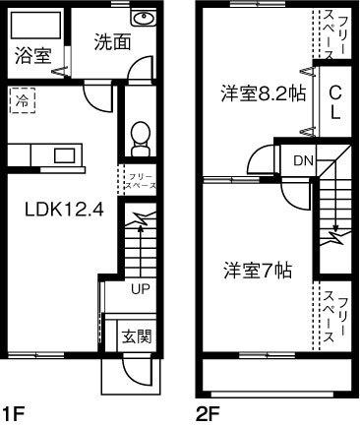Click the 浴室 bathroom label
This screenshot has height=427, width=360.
(32, 56)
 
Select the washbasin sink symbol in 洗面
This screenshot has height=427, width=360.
(143, 20)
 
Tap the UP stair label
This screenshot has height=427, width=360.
(139, 288)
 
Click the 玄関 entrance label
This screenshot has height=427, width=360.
(136, 335)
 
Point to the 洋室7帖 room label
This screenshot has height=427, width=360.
(255, 268)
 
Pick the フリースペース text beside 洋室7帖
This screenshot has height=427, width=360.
(334, 315)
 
